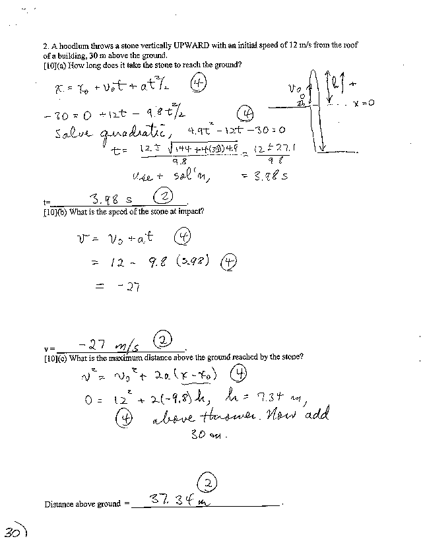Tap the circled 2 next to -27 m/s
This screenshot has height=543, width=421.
(162, 340)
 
